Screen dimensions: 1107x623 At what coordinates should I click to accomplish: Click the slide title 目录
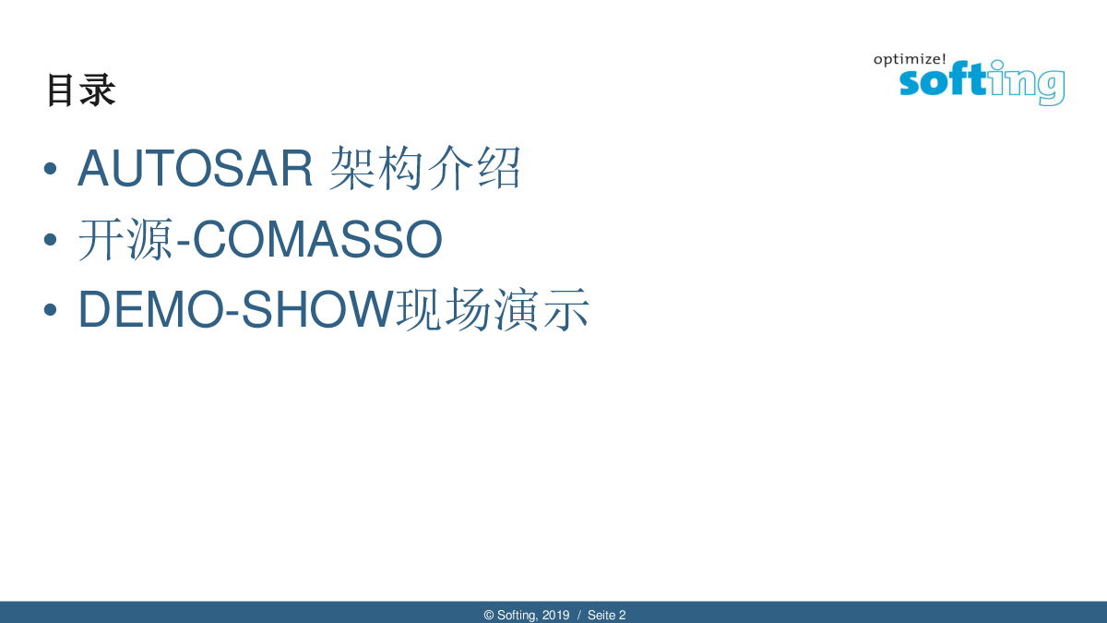81,90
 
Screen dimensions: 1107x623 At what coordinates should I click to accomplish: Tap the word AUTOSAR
196,168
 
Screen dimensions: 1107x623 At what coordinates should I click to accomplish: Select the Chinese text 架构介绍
425,168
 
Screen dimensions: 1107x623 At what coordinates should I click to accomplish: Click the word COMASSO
317,239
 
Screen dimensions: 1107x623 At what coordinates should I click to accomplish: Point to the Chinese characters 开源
126,239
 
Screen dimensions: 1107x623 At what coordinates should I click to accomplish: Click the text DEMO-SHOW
236,309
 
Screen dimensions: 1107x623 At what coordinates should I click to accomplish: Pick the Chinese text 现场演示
493,309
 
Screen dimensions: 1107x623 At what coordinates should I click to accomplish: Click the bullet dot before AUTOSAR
50,169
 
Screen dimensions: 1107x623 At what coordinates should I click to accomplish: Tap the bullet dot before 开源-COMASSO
50,240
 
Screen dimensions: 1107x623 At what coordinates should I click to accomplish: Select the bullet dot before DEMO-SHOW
50,310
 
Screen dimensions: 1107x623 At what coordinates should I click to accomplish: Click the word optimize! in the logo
910,60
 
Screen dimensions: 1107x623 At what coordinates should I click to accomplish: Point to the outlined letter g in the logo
1050,88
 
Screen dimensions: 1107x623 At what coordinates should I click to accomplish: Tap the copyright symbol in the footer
489,615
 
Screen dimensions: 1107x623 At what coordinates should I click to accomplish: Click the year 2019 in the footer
556,615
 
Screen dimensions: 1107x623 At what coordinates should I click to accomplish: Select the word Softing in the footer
518,616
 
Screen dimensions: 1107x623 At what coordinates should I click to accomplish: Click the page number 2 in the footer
622,615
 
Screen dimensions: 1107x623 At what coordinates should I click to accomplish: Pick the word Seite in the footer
601,615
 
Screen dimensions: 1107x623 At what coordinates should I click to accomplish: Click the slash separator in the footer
579,615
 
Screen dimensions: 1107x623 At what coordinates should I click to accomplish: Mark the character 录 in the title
100,90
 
